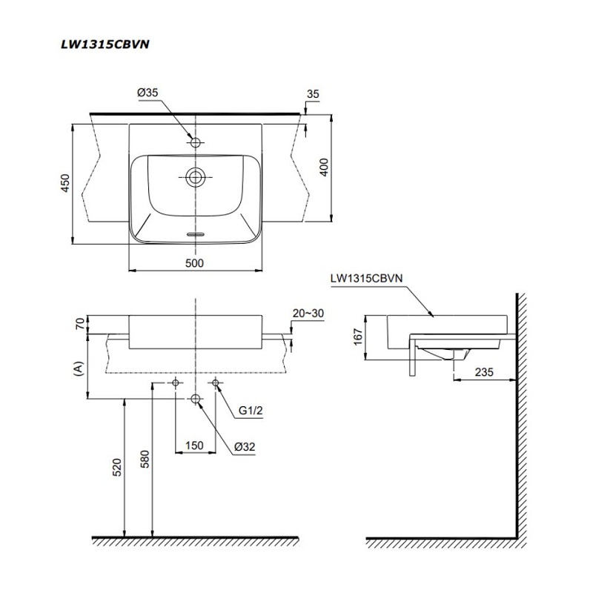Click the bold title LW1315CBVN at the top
105,44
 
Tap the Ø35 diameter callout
148,93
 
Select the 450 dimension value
65,183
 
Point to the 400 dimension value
324,168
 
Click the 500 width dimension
194,263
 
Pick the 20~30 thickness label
308,313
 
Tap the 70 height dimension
80,324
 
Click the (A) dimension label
79,368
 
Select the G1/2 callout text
251,411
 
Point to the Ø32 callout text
245,447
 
